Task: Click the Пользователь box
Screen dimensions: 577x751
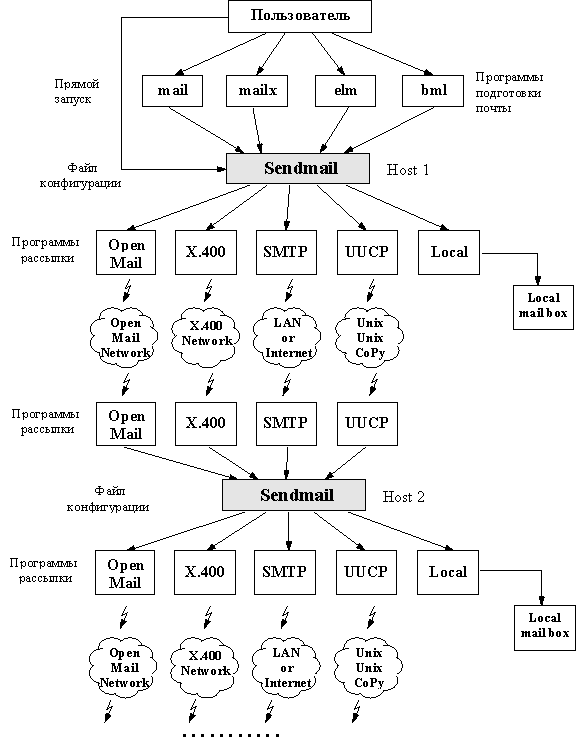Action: pyautogui.click(x=300, y=16)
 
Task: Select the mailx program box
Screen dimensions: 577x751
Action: pyautogui.click(x=257, y=91)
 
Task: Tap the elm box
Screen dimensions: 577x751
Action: pyautogui.click(x=345, y=91)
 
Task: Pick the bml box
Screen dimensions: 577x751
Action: pyautogui.click(x=433, y=91)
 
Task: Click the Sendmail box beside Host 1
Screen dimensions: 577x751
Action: pyautogui.click(x=298, y=168)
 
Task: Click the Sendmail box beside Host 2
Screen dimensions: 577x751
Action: pyautogui.click(x=294, y=495)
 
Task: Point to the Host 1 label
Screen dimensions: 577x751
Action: pyautogui.click(x=407, y=170)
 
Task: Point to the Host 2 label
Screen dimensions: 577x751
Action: pyautogui.click(x=404, y=497)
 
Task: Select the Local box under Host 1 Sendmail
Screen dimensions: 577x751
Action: pyautogui.click(x=449, y=252)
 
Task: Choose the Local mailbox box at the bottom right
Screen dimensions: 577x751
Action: pyautogui.click(x=545, y=627)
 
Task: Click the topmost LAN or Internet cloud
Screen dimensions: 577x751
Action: pyautogui.click(x=287, y=338)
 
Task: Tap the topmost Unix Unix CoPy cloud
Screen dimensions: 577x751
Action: pyautogui.click(x=369, y=338)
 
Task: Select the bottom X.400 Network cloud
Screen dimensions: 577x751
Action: pyautogui.click(x=204, y=666)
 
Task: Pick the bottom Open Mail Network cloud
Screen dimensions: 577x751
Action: pyautogui.click(x=124, y=667)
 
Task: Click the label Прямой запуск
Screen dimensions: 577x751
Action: pyautogui.click(x=76, y=91)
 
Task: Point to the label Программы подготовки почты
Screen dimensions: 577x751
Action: pyautogui.click(x=509, y=92)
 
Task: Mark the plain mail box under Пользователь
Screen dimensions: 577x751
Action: pyautogui.click(x=172, y=91)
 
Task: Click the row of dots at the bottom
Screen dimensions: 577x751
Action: pyautogui.click(x=231, y=735)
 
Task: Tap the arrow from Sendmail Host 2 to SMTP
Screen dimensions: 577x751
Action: pyautogui.click(x=288, y=530)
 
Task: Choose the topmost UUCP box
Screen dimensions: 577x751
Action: pyautogui.click(x=367, y=252)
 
